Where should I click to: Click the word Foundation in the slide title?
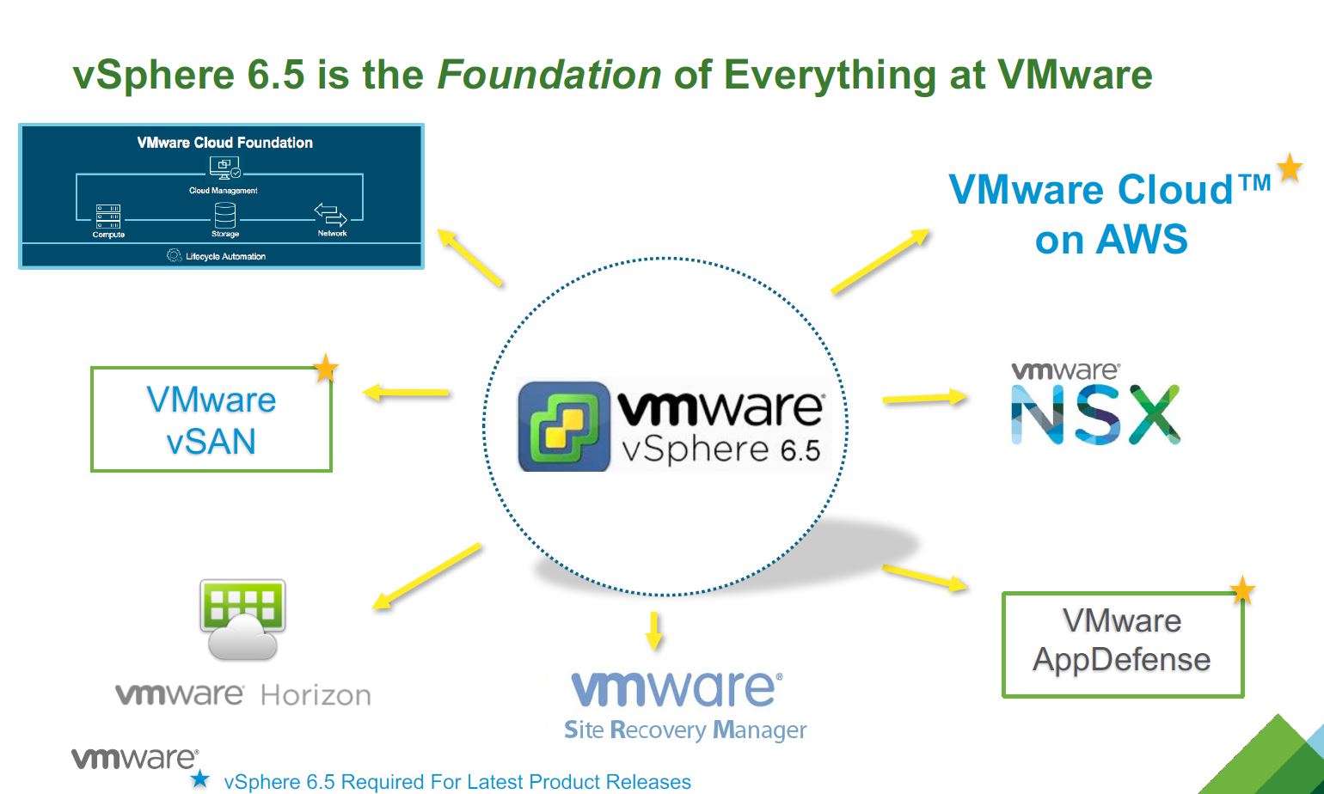(x=549, y=75)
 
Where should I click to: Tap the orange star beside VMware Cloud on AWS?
(x=1289, y=168)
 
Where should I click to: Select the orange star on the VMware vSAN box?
(x=325, y=369)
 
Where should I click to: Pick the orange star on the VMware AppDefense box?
(x=1242, y=590)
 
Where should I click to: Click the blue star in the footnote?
(x=199, y=779)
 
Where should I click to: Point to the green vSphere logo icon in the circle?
(x=563, y=427)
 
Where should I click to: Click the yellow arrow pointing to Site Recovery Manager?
(x=654, y=630)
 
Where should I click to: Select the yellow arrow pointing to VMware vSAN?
(x=406, y=393)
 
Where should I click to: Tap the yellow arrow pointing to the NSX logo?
(x=924, y=398)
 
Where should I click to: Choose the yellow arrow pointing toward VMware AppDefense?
(x=925, y=577)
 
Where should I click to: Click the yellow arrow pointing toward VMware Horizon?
(x=426, y=577)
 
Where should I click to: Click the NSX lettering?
(x=1095, y=415)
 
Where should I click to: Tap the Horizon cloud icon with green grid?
(x=242, y=619)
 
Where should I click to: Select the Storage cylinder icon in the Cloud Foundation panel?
(x=225, y=215)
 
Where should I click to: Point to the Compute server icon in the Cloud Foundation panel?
(x=108, y=216)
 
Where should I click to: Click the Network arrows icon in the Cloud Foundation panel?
(x=330, y=214)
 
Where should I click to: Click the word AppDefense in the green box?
(x=1122, y=660)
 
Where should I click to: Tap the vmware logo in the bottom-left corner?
(x=134, y=758)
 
